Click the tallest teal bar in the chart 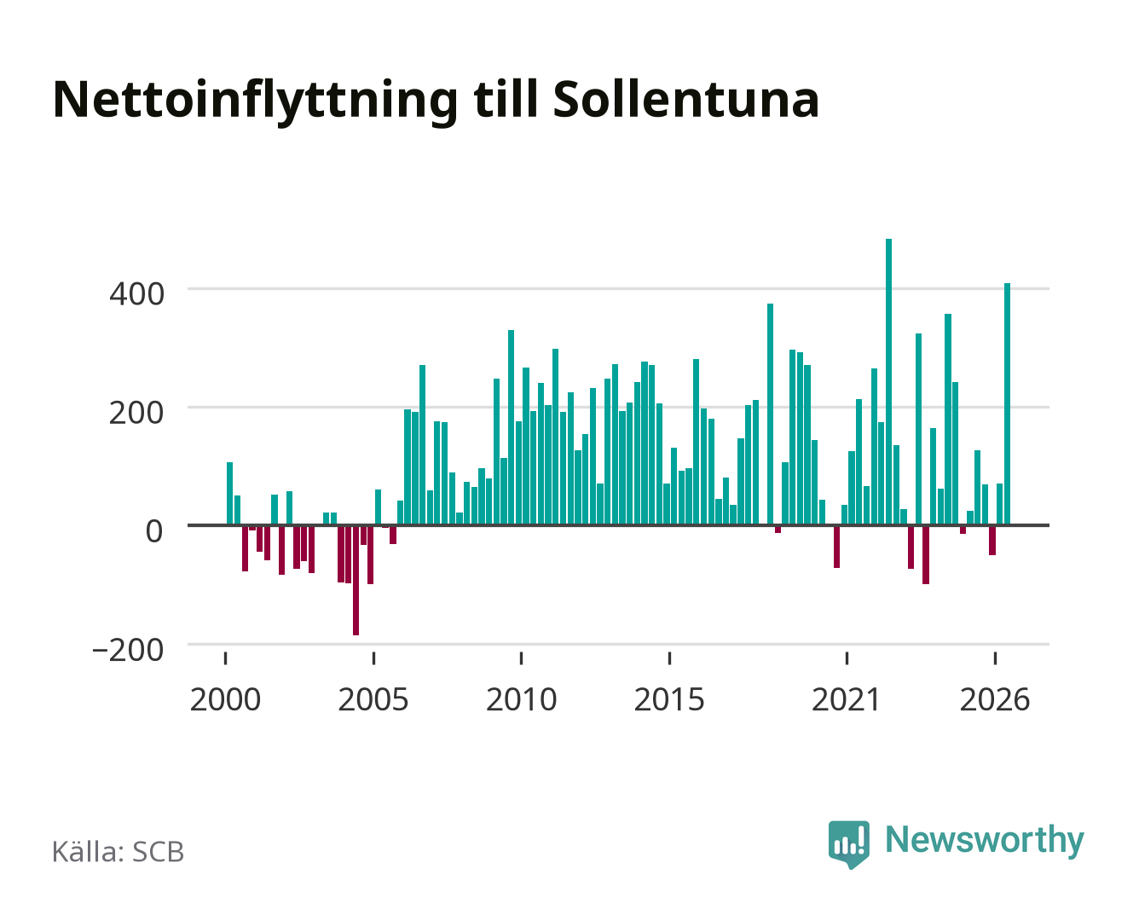(x=888, y=381)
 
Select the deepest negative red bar (x=356, y=580)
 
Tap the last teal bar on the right (x=1007, y=404)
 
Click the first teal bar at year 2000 (x=230, y=493)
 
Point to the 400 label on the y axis (x=136, y=294)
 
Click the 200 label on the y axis (x=136, y=413)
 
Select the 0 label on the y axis (x=154, y=531)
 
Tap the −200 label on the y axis (x=128, y=651)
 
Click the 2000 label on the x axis (x=225, y=699)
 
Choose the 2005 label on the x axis (x=373, y=699)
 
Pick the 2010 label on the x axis (x=522, y=699)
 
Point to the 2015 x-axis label (x=669, y=699)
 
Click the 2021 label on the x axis (x=846, y=699)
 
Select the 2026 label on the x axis (x=995, y=699)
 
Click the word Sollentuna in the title (x=685, y=100)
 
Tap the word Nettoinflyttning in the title (x=256, y=102)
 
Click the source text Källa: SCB (x=119, y=851)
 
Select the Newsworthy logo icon (x=849, y=844)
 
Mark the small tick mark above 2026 (x=995, y=658)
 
